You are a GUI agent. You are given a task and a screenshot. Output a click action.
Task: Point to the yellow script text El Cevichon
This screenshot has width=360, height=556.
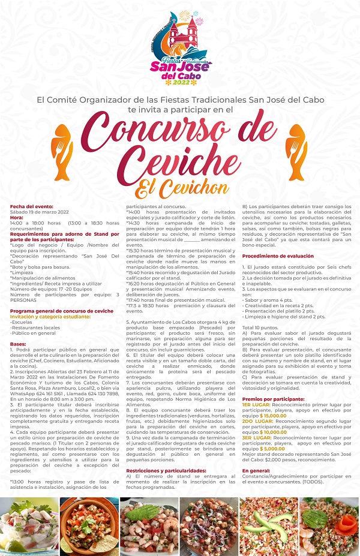tap(180, 186)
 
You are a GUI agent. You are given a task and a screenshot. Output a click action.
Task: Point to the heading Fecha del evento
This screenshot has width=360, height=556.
tap(31, 206)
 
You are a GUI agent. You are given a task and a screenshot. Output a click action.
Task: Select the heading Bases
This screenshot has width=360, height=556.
tap(18, 343)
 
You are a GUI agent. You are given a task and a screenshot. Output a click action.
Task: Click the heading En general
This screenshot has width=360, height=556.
tap(256, 488)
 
